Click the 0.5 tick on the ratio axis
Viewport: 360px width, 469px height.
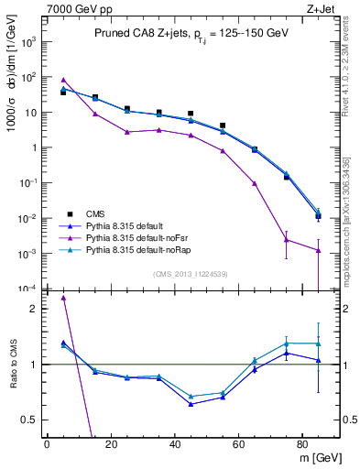coord(33,420)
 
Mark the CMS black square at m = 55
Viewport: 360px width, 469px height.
coord(223,125)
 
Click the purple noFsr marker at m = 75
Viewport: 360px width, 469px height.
coord(287,240)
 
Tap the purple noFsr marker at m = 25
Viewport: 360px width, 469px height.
coord(127,132)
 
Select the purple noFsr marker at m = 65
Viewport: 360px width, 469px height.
coord(255,183)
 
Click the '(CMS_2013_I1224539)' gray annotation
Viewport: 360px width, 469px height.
coord(191,274)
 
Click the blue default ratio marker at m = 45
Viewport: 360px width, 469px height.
coord(191,404)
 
